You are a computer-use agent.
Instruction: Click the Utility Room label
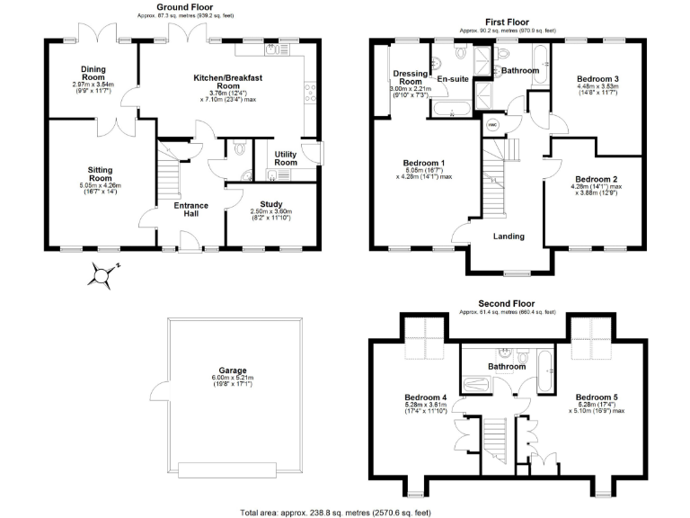[x=286, y=157]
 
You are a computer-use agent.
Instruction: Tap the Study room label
[x=271, y=204]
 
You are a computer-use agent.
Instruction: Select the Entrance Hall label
[x=191, y=210]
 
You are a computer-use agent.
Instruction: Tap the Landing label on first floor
[x=509, y=237]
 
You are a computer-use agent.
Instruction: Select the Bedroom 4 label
[x=427, y=396]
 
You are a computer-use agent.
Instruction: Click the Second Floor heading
[x=507, y=304]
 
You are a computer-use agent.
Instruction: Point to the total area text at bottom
[x=344, y=512]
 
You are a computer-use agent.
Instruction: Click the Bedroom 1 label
[x=427, y=163]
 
